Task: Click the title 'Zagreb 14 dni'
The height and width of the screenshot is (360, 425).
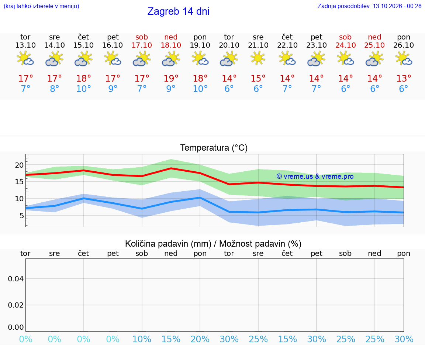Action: click(178, 11)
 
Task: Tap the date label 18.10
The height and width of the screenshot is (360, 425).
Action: click(171, 45)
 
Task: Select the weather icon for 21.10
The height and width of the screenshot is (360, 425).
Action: click(258, 58)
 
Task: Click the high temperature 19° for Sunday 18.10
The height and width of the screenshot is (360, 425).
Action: click(171, 78)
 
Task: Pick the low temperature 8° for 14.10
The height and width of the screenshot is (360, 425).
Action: click(55, 89)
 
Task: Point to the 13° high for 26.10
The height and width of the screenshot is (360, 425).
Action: click(404, 78)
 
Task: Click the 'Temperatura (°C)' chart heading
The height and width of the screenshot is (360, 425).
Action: click(214, 148)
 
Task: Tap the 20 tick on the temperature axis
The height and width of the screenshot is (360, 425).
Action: click(19, 165)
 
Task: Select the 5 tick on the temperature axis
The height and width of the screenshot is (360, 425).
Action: click(21, 216)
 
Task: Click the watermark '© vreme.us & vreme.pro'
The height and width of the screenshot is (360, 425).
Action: click(315, 176)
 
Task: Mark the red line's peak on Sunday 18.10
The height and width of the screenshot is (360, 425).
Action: click(171, 168)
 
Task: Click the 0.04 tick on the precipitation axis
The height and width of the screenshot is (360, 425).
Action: click(16, 279)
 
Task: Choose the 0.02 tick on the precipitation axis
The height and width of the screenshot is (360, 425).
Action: click(16, 305)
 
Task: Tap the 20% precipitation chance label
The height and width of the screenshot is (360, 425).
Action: click(200, 339)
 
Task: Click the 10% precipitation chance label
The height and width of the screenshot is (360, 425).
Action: click(142, 339)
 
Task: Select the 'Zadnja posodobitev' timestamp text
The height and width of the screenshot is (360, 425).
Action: click(369, 6)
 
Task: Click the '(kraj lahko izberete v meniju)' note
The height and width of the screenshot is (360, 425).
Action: click(41, 6)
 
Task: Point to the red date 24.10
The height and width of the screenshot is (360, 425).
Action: click(345, 45)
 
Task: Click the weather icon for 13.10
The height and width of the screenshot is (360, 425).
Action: click(25, 58)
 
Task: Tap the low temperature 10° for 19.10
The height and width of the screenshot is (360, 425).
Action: click(200, 89)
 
